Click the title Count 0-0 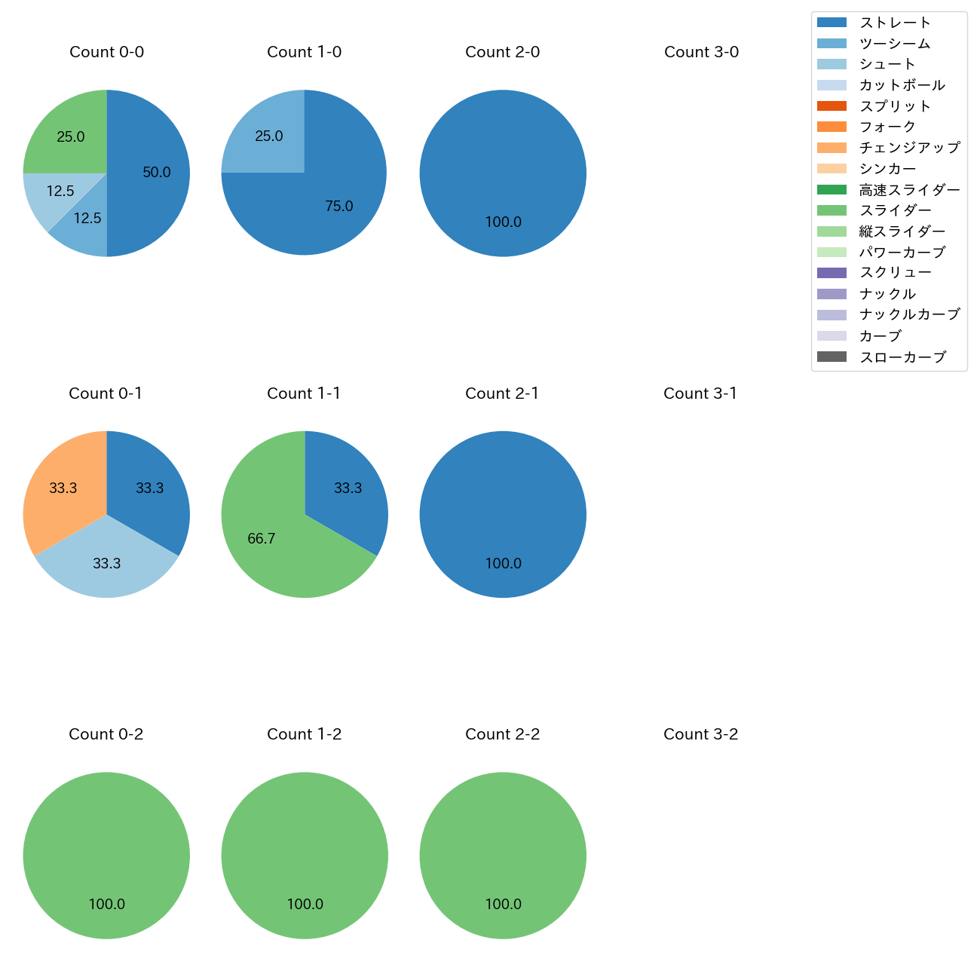[106, 52]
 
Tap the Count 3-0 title [701, 52]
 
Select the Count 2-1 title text [502, 394]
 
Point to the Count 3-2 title [700, 734]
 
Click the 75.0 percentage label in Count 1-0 [338, 206]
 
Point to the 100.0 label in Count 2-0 [503, 222]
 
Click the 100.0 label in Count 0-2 [106, 904]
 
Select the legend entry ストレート [895, 23]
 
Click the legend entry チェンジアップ [909, 148]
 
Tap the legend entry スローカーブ [902, 357]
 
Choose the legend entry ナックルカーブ [909, 315]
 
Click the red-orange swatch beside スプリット [831, 106]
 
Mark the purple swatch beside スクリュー [831, 273]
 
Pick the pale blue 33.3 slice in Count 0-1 [106, 565]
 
